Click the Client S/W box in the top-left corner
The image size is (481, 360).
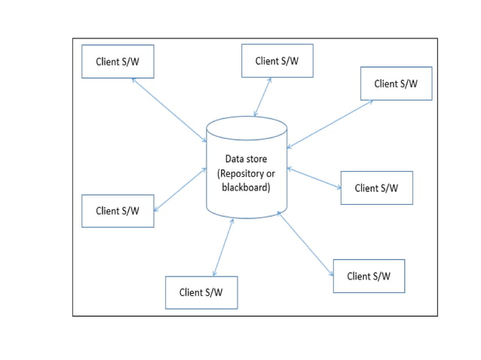(x=118, y=62)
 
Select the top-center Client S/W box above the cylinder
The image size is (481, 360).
(x=277, y=61)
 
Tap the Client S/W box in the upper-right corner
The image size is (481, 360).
(x=396, y=84)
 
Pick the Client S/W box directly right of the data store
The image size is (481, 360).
(x=376, y=188)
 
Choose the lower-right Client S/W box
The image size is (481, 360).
(x=369, y=276)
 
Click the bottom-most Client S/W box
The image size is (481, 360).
(x=201, y=292)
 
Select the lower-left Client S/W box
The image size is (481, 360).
(x=118, y=211)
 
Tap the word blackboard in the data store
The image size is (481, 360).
(x=246, y=187)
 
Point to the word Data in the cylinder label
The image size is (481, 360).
(x=235, y=159)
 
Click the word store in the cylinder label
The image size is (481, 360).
(x=256, y=159)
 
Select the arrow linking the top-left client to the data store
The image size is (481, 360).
(x=169, y=110)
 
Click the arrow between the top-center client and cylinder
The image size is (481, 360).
(x=263, y=96)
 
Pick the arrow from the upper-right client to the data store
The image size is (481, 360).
(x=329, y=124)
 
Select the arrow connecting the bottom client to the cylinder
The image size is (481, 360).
(x=223, y=248)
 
